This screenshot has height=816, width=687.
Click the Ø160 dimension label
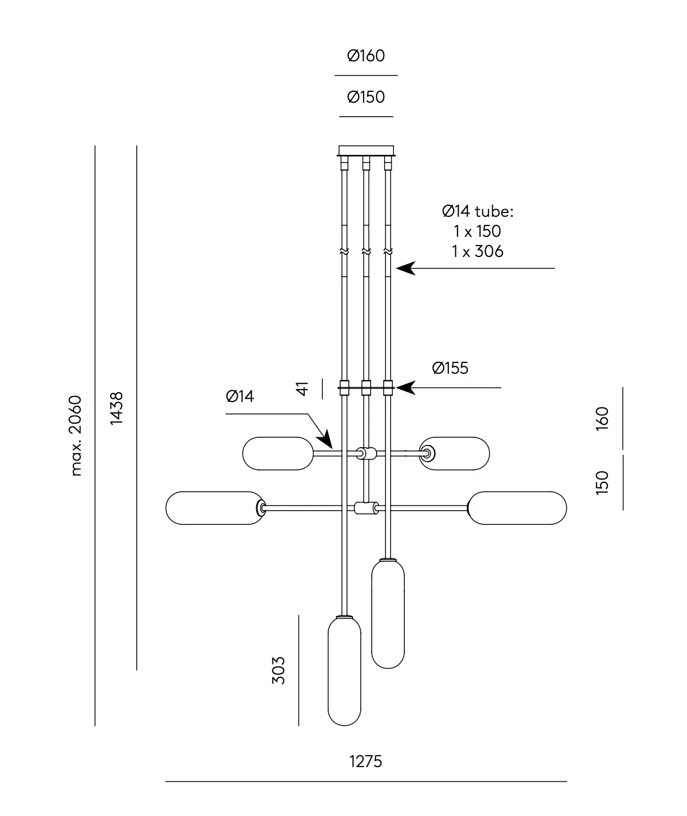tap(366, 55)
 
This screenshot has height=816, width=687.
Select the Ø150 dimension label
tap(366, 97)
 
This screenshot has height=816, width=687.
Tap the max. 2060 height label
tap(76, 436)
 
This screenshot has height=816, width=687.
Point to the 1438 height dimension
tap(117, 409)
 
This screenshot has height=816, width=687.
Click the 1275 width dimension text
tap(366, 761)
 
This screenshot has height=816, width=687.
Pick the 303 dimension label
tap(278, 670)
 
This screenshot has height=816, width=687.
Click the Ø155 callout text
tap(450, 368)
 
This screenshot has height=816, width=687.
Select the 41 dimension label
tap(303, 388)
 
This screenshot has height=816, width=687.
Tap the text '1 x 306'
tap(478, 251)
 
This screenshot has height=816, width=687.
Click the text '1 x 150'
tap(478, 231)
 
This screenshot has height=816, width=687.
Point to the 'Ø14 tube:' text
tap(478, 211)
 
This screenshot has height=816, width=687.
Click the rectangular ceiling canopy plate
tap(366, 150)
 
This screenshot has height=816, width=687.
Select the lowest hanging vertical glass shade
tap(345, 671)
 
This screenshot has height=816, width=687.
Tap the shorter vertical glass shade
tap(387, 614)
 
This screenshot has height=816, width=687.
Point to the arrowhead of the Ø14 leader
tap(326, 441)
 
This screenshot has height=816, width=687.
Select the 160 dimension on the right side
tap(602, 418)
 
